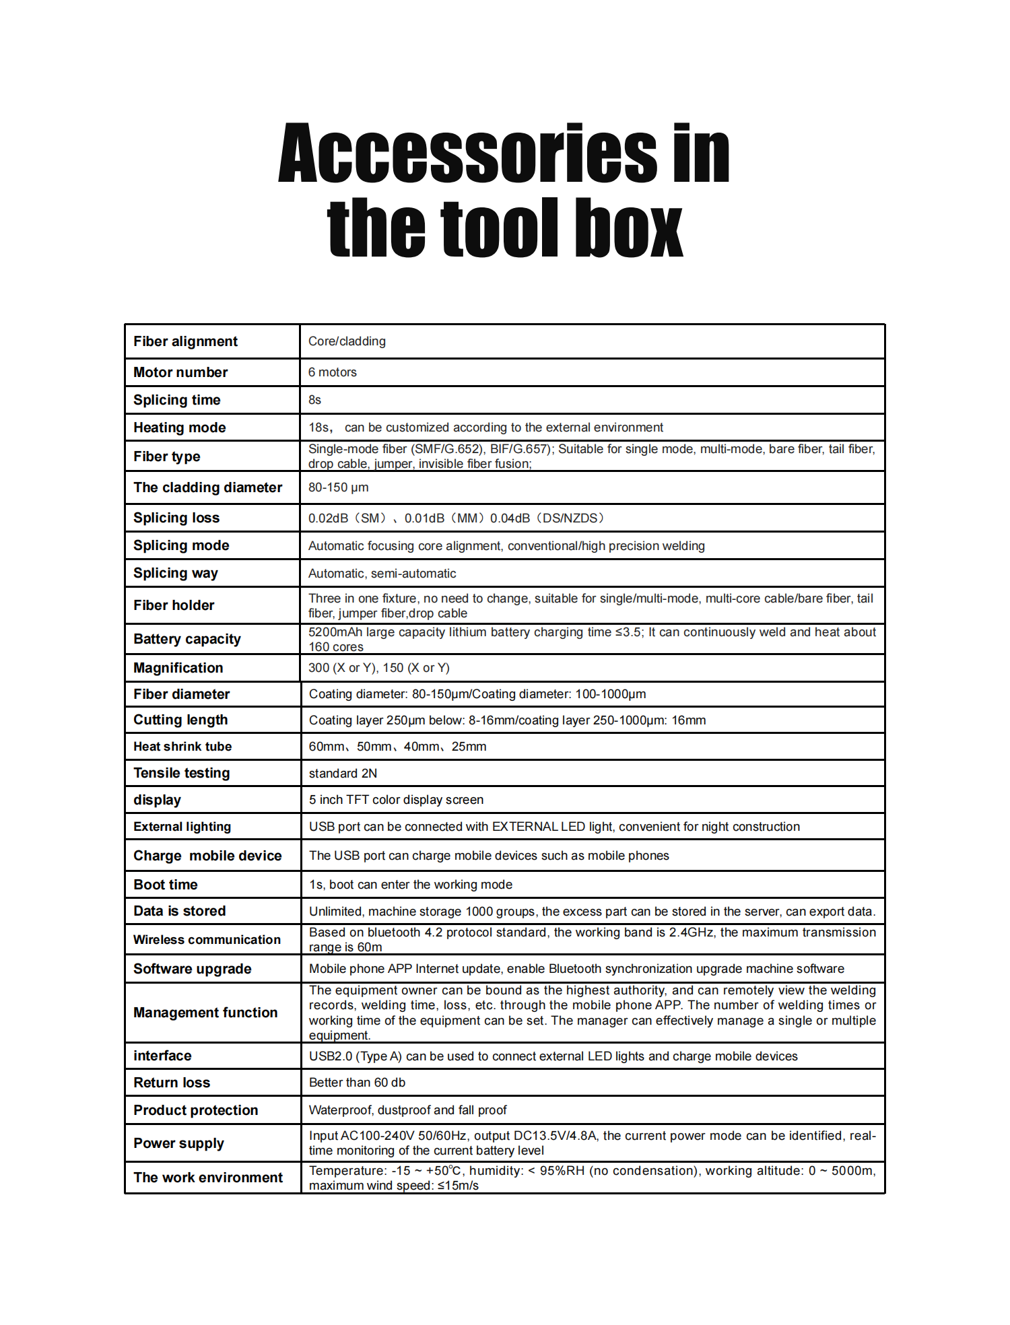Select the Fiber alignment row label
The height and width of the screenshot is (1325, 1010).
[185, 341]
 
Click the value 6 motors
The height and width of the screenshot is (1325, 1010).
[333, 372]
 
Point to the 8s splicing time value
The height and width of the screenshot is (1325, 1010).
[315, 400]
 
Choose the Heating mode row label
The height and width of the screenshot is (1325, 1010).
[180, 428]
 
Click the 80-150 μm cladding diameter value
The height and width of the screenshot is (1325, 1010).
[339, 487]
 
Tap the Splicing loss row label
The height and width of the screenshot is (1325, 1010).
[176, 518]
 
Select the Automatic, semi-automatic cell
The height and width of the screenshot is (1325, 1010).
[382, 574]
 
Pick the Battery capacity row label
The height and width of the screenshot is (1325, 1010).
[187, 639]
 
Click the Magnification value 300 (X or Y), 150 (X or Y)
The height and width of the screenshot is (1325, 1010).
[379, 668]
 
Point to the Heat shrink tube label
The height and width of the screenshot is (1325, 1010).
[182, 747]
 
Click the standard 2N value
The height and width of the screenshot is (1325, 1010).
[343, 774]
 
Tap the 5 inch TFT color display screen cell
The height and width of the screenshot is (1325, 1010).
[396, 800]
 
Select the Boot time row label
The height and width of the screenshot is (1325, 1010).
[166, 885]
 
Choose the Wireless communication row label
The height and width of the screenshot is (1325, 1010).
[207, 940]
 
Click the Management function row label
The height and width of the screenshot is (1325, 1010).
[205, 1013]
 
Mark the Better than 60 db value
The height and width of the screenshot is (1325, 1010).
[357, 1083]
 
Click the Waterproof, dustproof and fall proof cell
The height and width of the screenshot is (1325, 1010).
[407, 1110]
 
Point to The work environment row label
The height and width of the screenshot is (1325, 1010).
[208, 1178]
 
